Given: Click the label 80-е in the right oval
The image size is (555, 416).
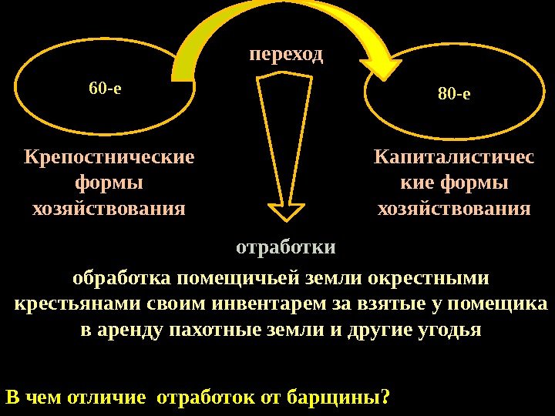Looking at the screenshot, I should pyautogui.click(x=454, y=95).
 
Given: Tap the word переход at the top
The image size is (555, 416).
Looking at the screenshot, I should pyautogui.click(x=286, y=55).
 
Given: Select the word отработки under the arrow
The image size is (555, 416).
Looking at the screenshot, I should pyautogui.click(x=285, y=248).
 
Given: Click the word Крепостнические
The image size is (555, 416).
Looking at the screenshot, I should pyautogui.click(x=109, y=158).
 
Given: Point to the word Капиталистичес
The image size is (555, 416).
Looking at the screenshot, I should pyautogui.click(x=453, y=158).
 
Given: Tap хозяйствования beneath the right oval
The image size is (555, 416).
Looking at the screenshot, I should pyautogui.click(x=453, y=209).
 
